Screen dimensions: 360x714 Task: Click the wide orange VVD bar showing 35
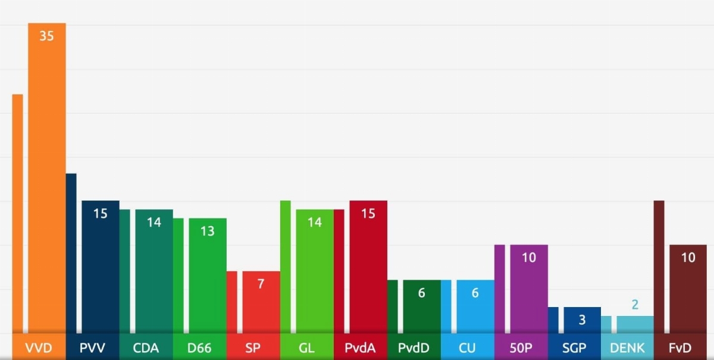pos(47,179)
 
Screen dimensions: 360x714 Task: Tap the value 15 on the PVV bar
pos(100,213)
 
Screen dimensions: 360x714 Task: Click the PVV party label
pos(92,348)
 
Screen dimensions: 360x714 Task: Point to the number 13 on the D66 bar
pos(207,231)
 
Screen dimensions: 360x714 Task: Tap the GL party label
pos(306,348)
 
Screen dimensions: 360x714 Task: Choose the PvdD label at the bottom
pos(414,348)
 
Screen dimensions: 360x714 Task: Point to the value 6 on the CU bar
pos(475,293)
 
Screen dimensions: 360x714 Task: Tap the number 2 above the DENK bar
pos(635,305)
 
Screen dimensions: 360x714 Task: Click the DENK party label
pos(627,348)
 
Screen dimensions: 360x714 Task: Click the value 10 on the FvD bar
pos(688,258)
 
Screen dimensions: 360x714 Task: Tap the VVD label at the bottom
pos(39,348)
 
